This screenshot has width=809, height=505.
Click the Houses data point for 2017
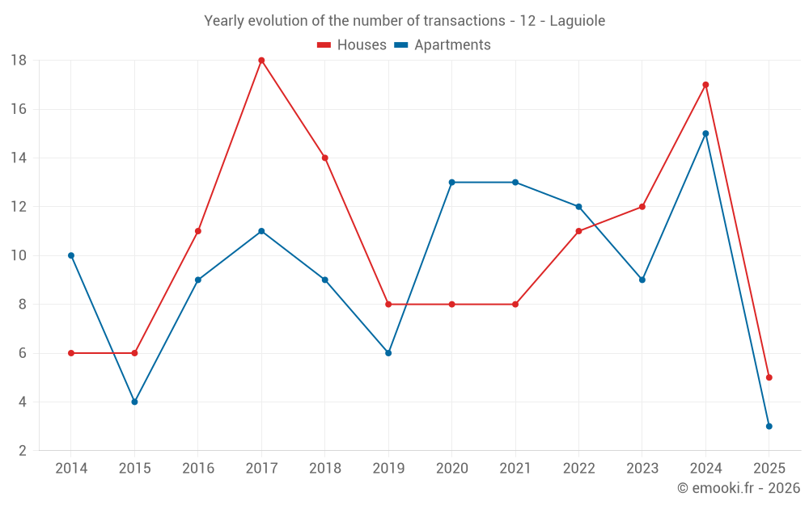tap(261, 61)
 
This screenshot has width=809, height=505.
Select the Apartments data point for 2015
tap(134, 402)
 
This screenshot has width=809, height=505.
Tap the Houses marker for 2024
tap(705, 85)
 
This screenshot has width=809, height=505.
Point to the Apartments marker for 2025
tap(769, 426)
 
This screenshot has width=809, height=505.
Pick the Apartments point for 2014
tap(71, 255)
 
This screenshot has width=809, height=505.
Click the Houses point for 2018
tap(324, 158)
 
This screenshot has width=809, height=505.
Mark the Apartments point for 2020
tap(451, 183)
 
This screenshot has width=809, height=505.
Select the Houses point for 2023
tap(642, 207)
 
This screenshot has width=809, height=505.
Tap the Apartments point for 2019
tap(388, 353)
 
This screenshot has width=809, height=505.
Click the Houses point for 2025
tap(769, 377)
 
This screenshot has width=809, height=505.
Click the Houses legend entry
tap(352, 45)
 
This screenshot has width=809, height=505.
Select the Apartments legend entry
tap(443, 45)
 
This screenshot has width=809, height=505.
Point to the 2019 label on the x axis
tap(388, 469)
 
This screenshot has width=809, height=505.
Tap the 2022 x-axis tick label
tap(578, 469)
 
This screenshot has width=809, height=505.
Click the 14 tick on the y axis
tap(19, 158)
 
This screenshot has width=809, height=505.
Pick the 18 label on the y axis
tap(19, 61)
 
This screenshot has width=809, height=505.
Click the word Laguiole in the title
tap(578, 21)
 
